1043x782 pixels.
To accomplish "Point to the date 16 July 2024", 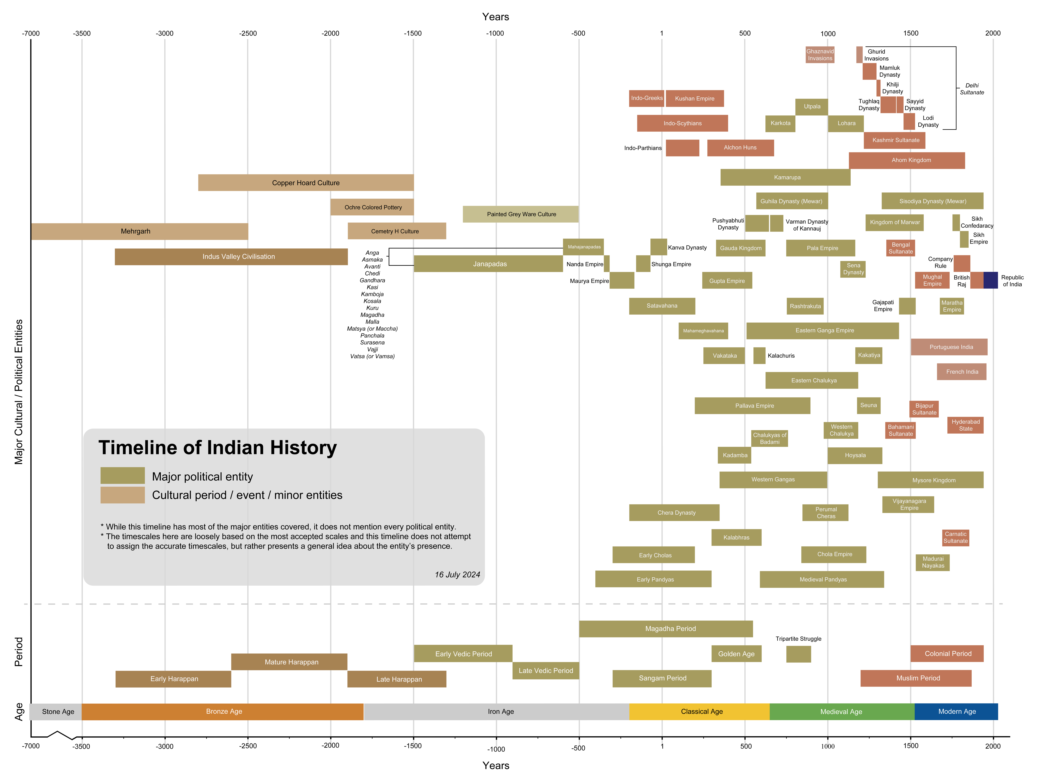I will click(457, 574).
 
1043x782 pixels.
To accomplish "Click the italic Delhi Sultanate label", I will click(972, 89).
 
